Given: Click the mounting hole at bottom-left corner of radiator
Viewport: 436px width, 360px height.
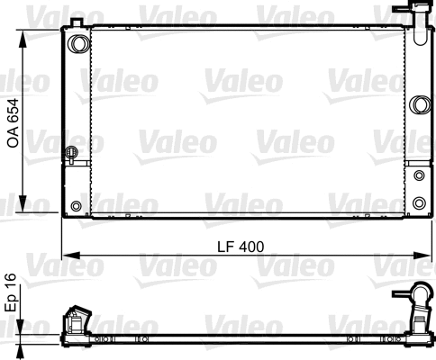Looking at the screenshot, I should click(76, 207).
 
